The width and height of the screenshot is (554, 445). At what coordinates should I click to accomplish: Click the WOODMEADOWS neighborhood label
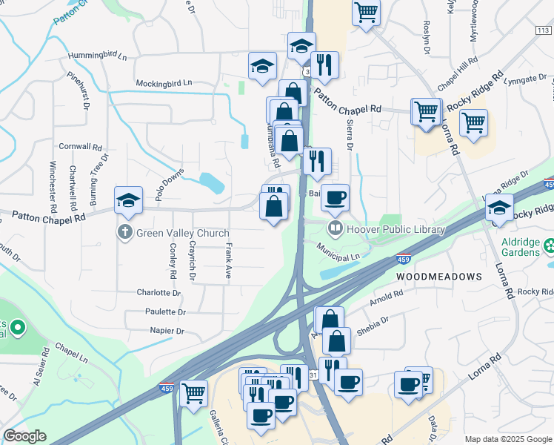tap(438, 276)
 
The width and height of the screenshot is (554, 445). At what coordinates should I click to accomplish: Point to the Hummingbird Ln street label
tap(97, 56)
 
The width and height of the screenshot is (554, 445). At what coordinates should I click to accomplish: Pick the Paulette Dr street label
tap(165, 312)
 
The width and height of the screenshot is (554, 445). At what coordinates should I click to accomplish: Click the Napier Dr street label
tap(166, 331)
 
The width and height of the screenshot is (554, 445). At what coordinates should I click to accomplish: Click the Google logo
tap(24, 436)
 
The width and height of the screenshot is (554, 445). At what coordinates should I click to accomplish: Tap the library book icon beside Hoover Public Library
tap(336, 229)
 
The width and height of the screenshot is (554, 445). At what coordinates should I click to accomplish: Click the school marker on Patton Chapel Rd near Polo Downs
tap(128, 200)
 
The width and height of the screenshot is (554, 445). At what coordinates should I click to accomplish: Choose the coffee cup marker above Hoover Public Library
tap(335, 197)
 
